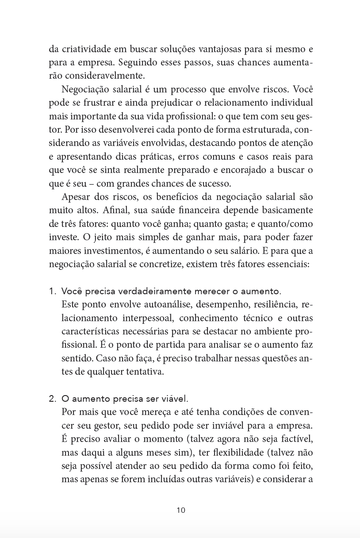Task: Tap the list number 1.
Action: [x=52, y=292]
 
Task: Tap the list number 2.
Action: [x=52, y=399]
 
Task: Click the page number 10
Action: [x=180, y=510]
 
